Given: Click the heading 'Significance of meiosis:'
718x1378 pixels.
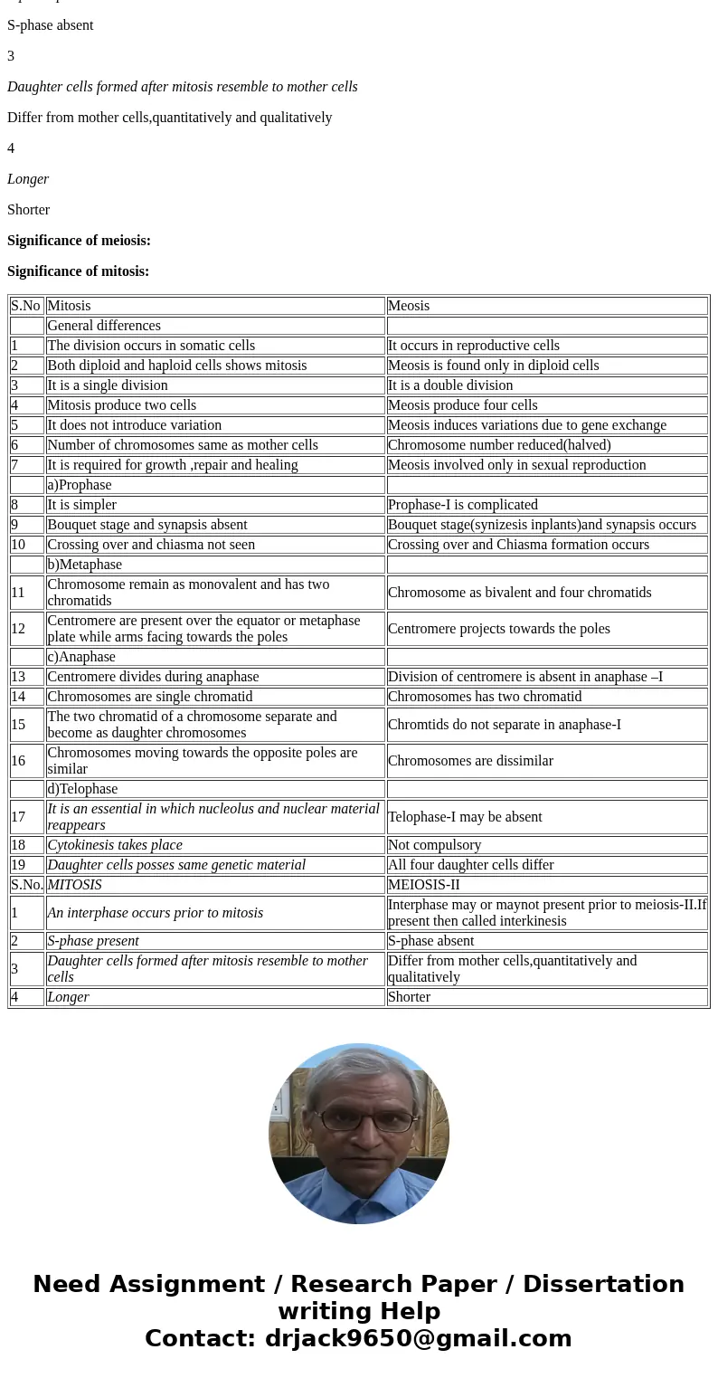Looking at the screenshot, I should coord(79,241).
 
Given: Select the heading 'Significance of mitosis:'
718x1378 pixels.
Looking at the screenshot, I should coord(78,271).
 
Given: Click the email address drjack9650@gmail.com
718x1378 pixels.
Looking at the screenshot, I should coord(418,1339).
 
